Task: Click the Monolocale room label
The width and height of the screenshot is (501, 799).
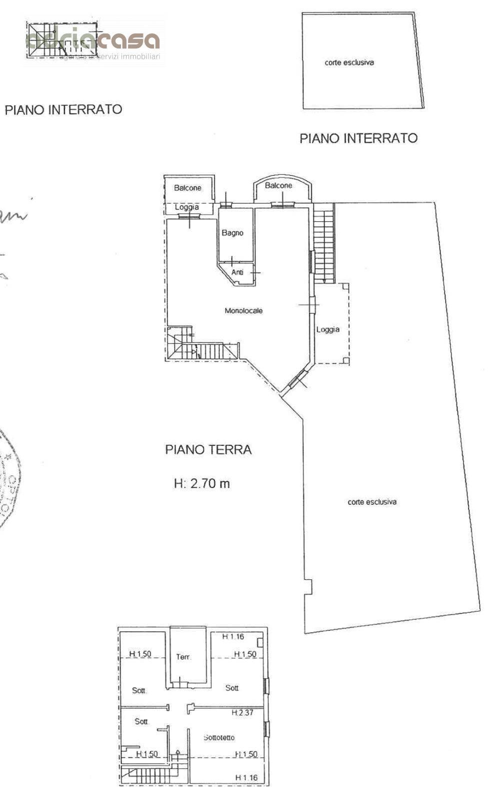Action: pos(243,311)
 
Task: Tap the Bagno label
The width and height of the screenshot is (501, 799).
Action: pos(232,233)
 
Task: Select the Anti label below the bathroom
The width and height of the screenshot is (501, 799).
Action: pos(237,272)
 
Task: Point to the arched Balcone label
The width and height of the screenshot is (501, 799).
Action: pos(278,185)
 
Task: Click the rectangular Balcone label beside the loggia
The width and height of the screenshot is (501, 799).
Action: pos(187,188)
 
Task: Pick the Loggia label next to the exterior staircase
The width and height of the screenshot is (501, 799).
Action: pos(327,330)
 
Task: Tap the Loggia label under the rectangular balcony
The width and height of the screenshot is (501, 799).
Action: pos(186,207)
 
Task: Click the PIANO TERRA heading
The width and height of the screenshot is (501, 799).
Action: pos(208,449)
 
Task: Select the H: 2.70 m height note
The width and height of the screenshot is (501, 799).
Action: pos(201,483)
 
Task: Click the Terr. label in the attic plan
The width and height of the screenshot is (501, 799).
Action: pos(183,657)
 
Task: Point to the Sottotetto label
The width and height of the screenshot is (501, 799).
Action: pos(219,737)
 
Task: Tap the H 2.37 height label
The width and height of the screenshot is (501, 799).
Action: pos(242,713)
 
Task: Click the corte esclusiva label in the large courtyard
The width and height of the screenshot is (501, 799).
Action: pos(372,502)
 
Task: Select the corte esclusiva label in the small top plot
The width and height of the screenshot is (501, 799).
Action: pos(349,62)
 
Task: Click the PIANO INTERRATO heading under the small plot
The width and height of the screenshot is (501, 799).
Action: pos(358,138)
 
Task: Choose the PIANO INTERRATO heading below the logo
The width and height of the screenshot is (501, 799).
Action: pos(63,109)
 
